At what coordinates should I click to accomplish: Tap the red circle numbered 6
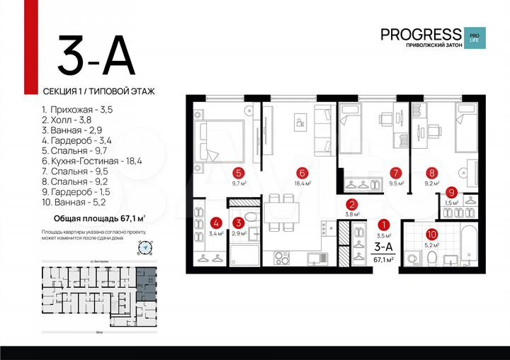tap(302, 172)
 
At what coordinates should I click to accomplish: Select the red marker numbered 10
tap(431, 232)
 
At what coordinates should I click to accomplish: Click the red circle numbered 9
tap(450, 191)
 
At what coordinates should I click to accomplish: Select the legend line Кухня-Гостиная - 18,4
tap(91, 161)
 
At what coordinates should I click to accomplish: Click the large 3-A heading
tap(96, 55)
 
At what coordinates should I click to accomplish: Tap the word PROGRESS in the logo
tap(421, 33)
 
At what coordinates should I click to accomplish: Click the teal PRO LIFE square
tap(472, 36)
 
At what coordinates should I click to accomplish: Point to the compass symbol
tap(146, 247)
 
